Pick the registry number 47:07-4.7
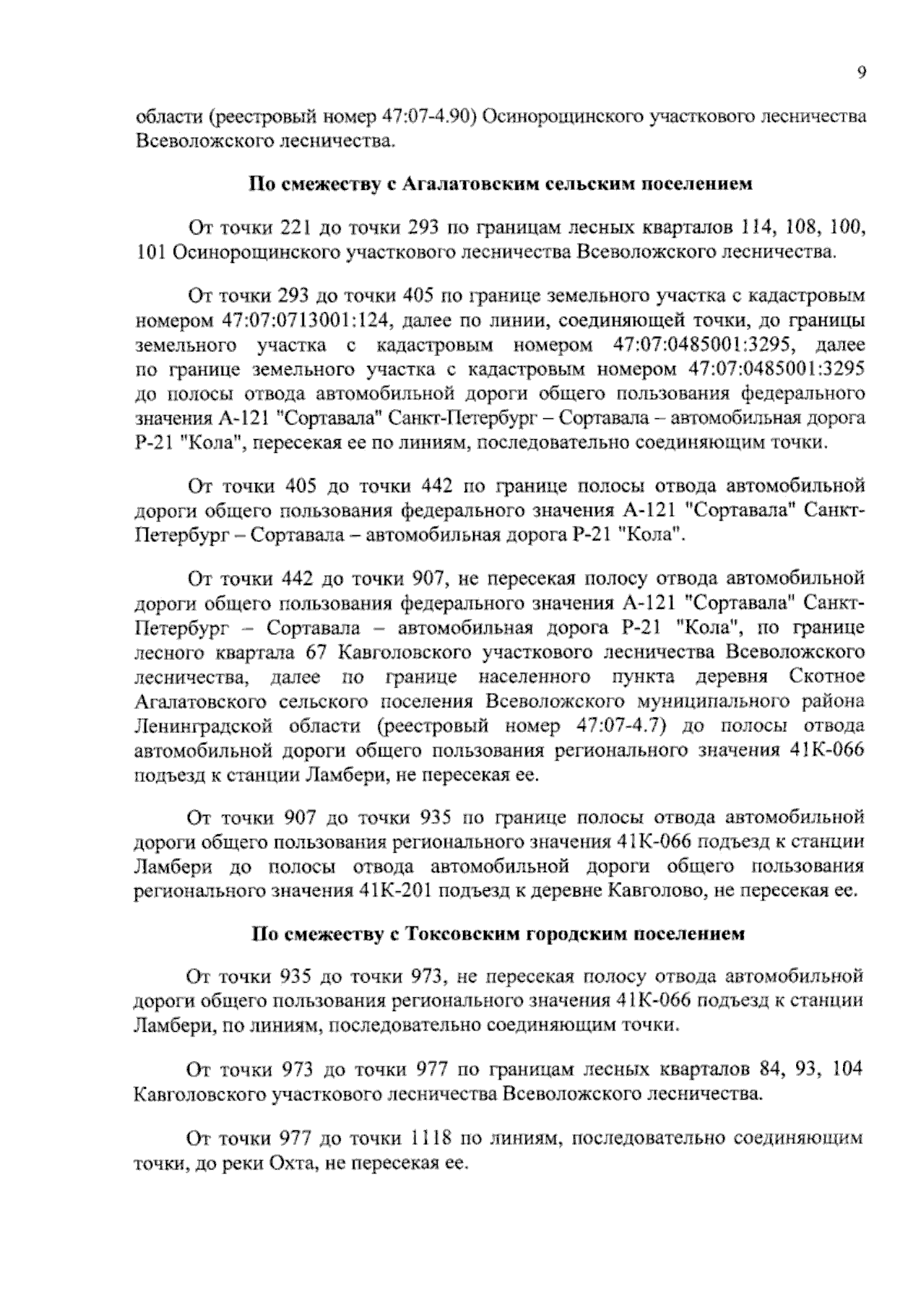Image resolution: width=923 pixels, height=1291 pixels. [613, 727]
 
